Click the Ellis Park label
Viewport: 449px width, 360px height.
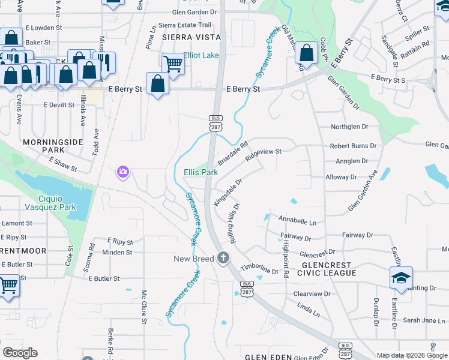pos(200,172)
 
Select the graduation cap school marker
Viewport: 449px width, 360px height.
pos(401,277)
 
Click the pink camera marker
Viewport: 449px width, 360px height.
pos(123,173)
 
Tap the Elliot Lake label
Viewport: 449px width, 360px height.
pos(201,55)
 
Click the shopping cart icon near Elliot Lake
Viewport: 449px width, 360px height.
pos(173,62)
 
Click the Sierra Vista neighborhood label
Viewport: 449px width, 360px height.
pos(191,37)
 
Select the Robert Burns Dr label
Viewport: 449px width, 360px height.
pos(353,146)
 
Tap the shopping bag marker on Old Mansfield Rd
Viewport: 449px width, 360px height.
pos(306,53)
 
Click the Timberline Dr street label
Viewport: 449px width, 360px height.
pos(259,268)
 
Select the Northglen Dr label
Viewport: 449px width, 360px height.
pos(349,127)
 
